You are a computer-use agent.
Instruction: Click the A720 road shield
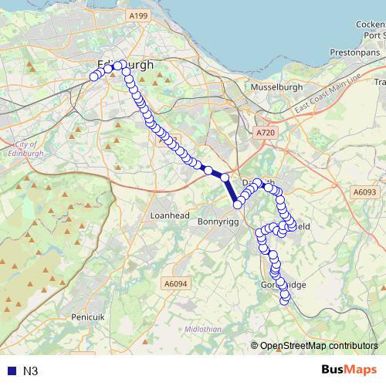pos(265,134)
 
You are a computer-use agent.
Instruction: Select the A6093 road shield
pos(364,192)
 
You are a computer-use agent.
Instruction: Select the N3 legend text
pos(31,371)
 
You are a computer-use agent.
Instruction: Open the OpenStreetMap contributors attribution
pos(318,346)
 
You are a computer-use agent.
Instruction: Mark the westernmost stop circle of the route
pos(94,76)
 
